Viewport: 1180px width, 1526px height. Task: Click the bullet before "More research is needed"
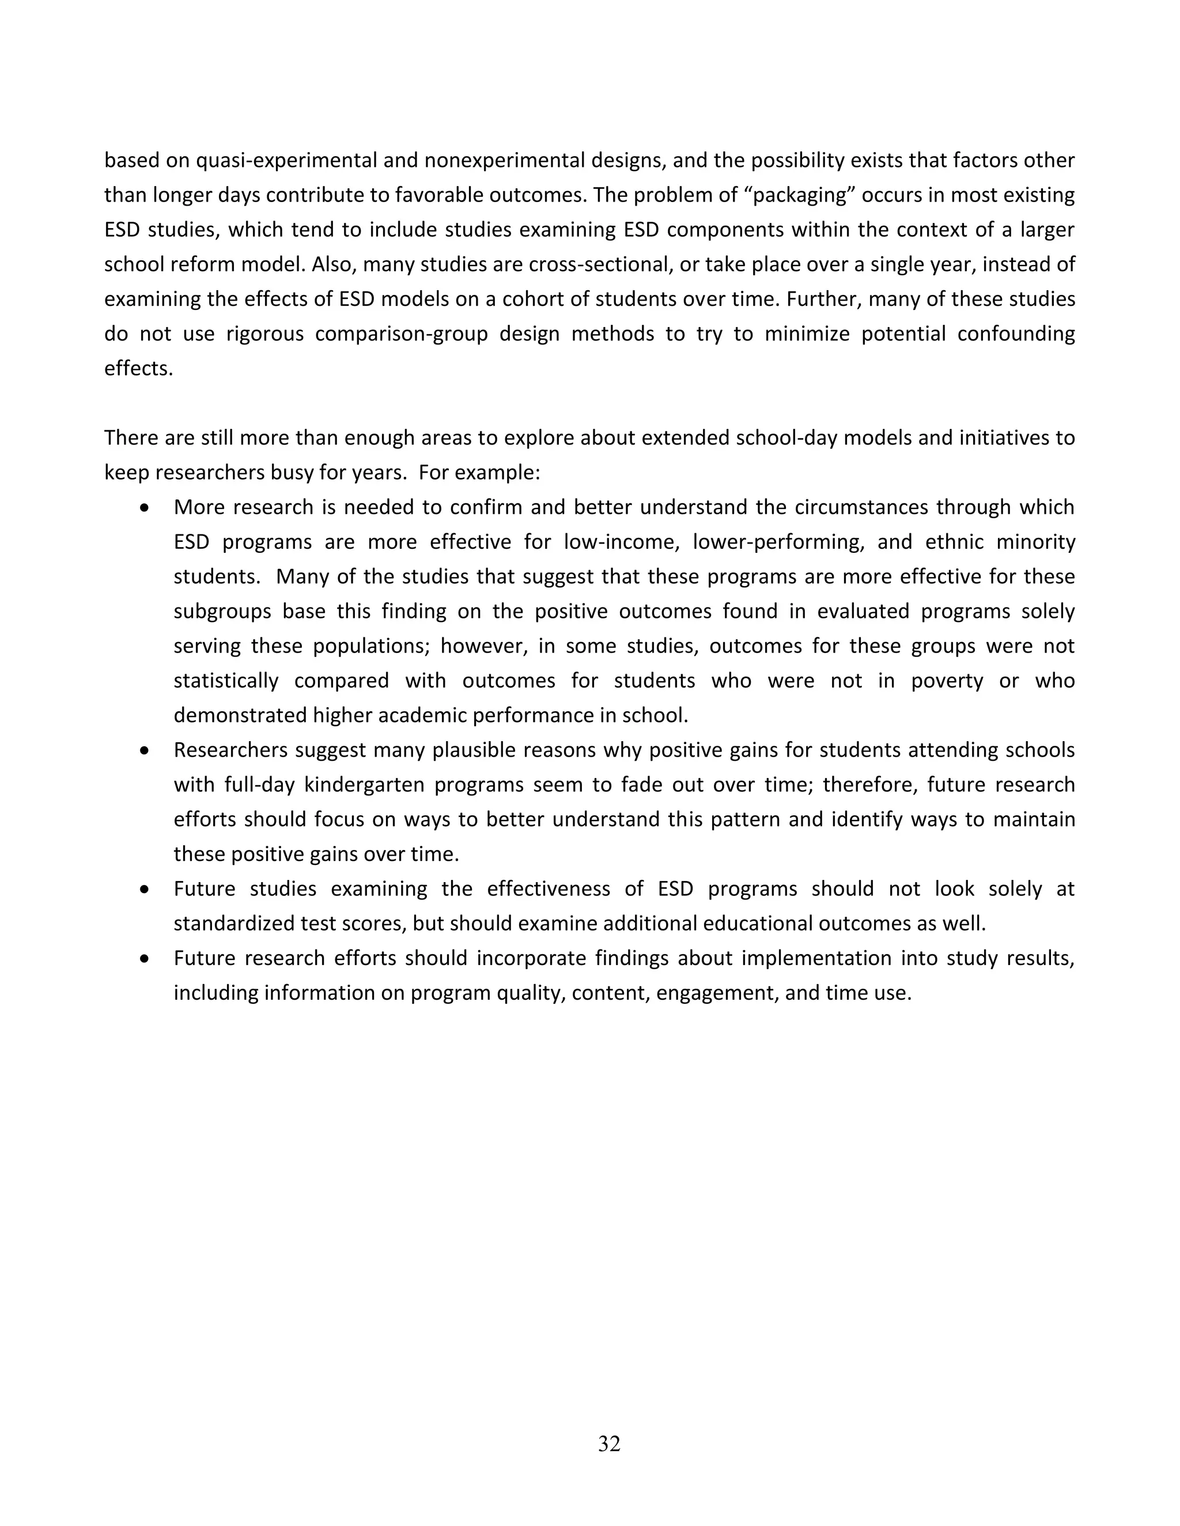click(145, 508)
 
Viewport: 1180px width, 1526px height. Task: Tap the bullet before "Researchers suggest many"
click(145, 751)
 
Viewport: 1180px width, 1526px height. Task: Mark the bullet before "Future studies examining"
click(145, 890)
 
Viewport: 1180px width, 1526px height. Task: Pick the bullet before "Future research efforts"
click(145, 959)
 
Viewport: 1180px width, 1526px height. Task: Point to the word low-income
click(619, 542)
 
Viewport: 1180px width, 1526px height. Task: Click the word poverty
click(947, 681)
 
